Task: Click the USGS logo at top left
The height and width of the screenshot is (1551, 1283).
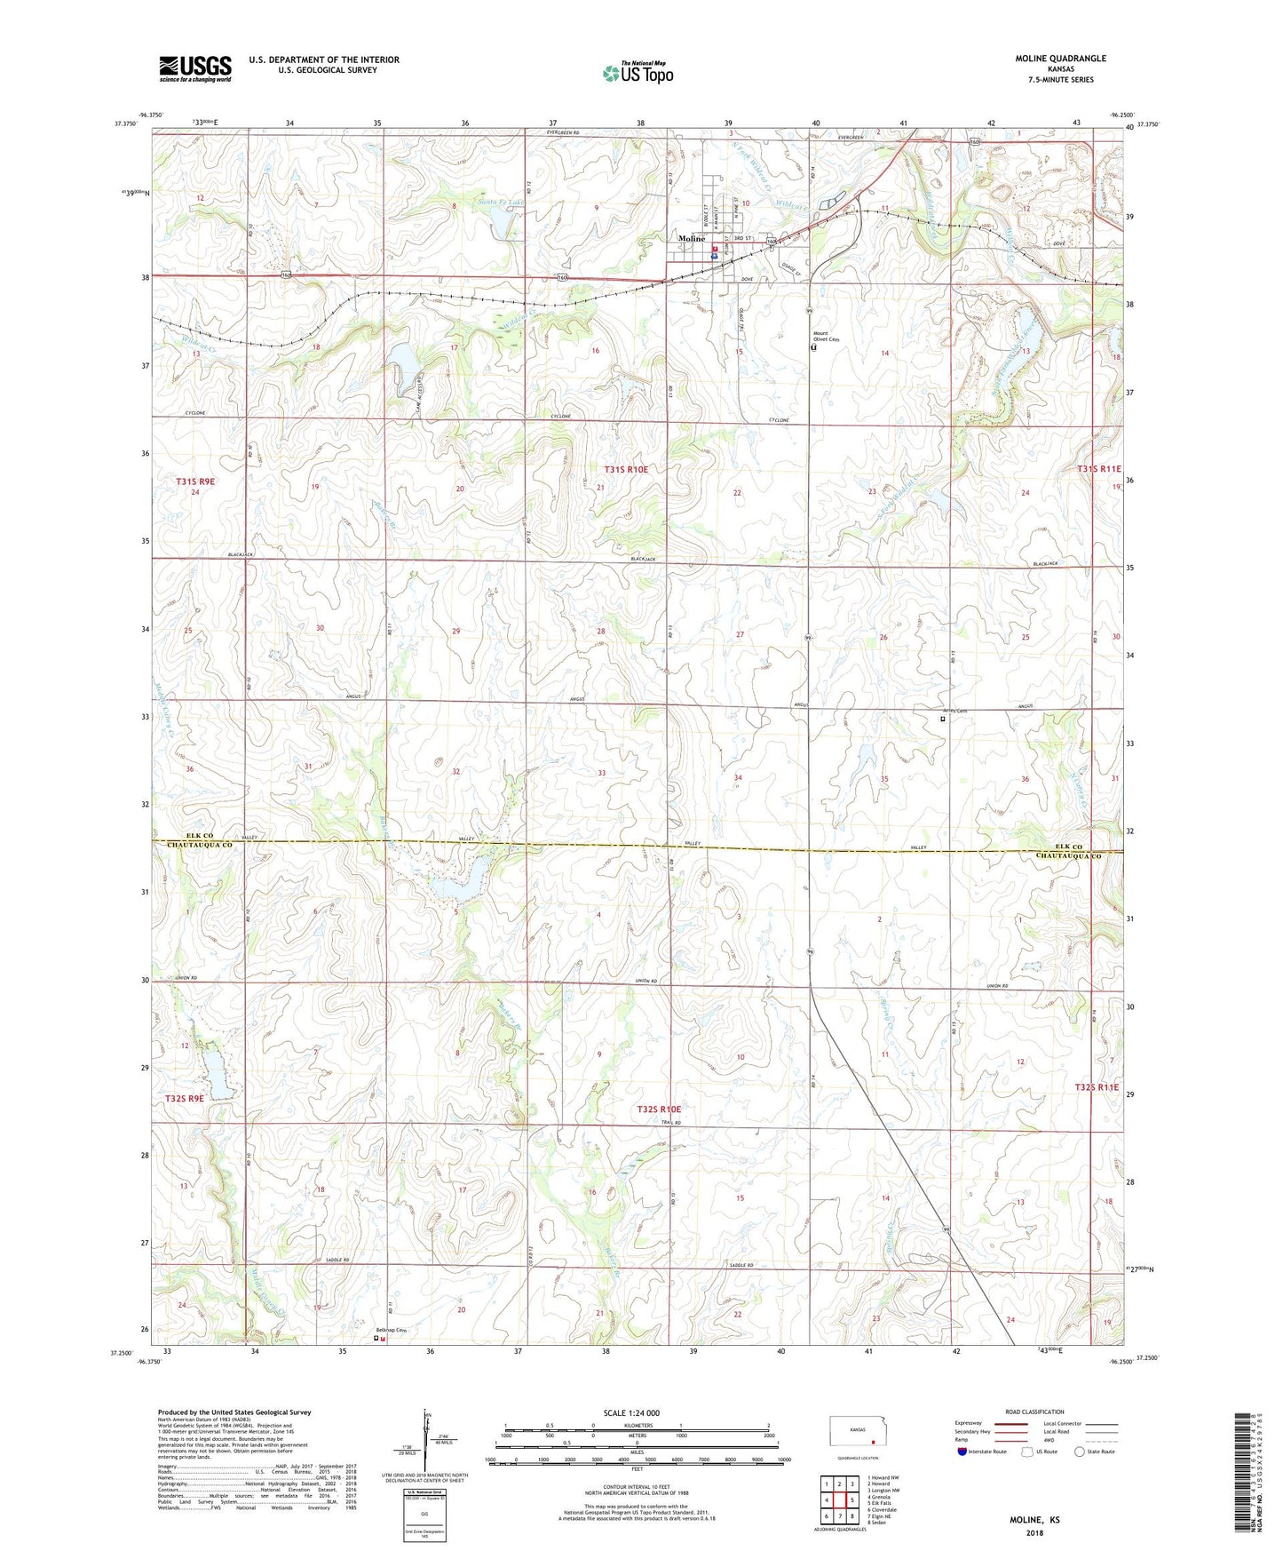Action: pyautogui.click(x=194, y=68)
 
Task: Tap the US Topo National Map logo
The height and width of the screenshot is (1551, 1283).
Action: pyautogui.click(x=638, y=72)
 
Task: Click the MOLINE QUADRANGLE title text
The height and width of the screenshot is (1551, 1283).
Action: pyautogui.click(x=1060, y=59)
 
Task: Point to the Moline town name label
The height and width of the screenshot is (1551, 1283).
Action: pyautogui.click(x=692, y=239)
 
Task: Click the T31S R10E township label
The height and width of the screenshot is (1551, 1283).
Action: pyautogui.click(x=626, y=469)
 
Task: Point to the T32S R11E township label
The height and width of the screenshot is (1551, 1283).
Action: pyautogui.click(x=1098, y=1087)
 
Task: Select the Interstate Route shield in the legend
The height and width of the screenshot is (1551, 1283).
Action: pyautogui.click(x=962, y=1452)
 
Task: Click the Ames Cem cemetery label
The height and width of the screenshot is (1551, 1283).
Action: pyautogui.click(x=955, y=711)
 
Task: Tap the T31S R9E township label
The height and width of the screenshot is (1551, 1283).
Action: pyautogui.click(x=195, y=481)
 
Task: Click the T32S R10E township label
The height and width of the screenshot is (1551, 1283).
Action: pyautogui.click(x=659, y=1110)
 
